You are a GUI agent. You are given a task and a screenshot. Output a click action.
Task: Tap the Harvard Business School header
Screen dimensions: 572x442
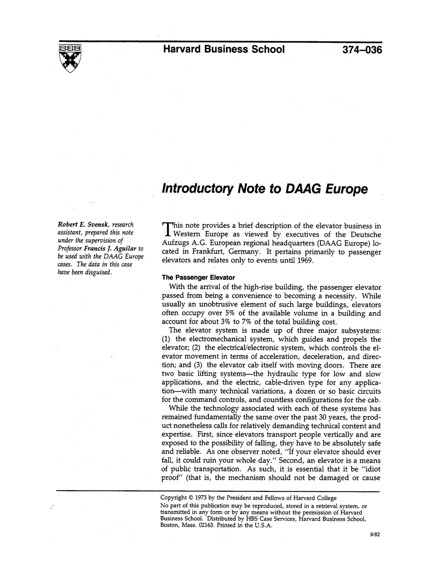(224, 49)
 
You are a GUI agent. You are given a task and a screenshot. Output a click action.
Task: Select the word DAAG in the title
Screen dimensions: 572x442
(303, 189)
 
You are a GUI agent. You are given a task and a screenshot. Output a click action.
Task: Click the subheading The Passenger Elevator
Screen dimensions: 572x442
(198, 278)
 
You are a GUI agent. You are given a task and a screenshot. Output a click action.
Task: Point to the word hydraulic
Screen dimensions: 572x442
(283, 374)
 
